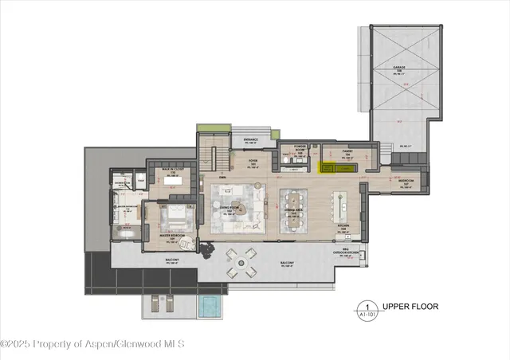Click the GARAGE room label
tap(399, 68)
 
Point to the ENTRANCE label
tap(249, 139)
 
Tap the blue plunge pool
tap(209, 306)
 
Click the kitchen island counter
tap(343, 209)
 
